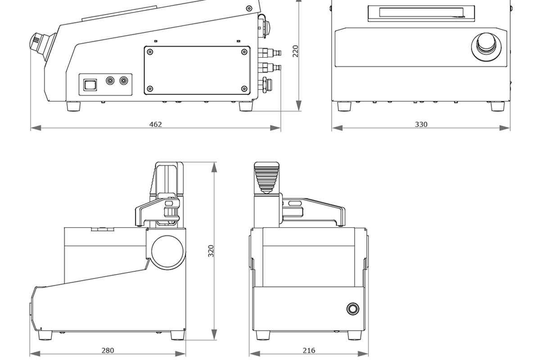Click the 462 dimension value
click(155, 124)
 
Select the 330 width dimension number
click(421, 124)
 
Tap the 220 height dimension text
click(296, 51)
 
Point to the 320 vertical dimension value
click(211, 251)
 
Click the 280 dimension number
click(108, 350)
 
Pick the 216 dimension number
click(309, 350)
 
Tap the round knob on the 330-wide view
click(486, 44)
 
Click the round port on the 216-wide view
click(353, 309)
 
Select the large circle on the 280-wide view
click(168, 252)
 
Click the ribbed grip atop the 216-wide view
click(266, 177)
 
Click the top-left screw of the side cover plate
click(150, 52)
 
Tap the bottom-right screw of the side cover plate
click(244, 89)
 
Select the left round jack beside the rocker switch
click(110, 81)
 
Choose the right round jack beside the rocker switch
click(124, 81)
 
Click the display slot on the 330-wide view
click(421, 13)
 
